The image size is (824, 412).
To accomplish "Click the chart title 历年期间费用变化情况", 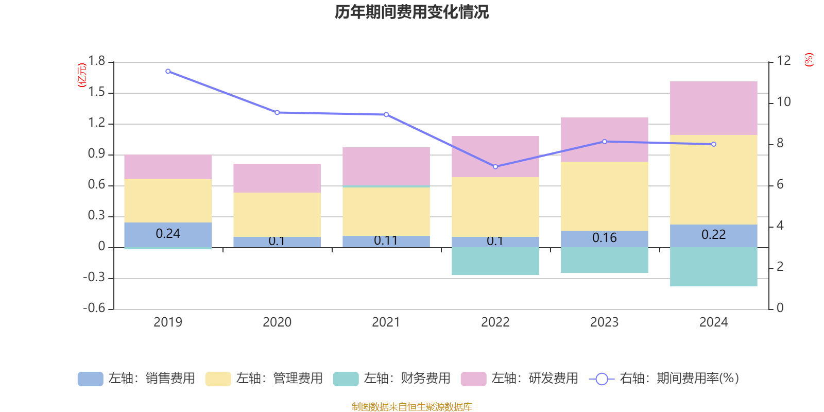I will coord(411,12).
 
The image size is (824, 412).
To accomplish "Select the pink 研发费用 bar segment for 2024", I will coord(713,108).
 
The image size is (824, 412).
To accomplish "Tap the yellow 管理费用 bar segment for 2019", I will coord(168,201).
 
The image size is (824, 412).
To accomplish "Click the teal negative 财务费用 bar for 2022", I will coord(495,261).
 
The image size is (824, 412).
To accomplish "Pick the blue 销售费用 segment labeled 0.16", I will coord(604,238).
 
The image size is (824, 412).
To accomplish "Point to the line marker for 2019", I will coord(168,72).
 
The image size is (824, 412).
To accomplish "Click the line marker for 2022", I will coord(495,167).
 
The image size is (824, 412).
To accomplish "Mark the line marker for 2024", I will coord(714,144).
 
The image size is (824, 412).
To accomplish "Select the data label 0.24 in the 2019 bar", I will coord(168,234).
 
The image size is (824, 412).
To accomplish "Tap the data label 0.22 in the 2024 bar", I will coord(713,235).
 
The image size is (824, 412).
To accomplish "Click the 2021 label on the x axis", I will coord(386,322).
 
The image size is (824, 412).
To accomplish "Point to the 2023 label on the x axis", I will coord(604,322).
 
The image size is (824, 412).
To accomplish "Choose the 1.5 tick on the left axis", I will coord(96,92).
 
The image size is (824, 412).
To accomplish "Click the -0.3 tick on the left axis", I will coord(94,278).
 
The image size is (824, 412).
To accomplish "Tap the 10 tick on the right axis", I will coord(783,102).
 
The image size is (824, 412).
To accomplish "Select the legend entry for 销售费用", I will coord(136,379).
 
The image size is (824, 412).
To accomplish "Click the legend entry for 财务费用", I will coord(392,379).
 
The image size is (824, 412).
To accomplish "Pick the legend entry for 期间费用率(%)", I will coord(664,379).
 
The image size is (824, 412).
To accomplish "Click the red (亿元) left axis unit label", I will coord(82,75).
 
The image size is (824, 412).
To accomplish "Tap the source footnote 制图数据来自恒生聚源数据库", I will coord(411,407).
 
